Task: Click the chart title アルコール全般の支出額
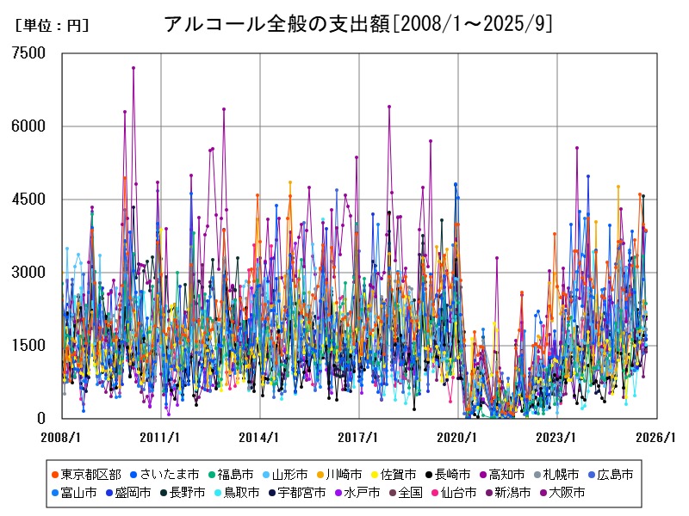357,23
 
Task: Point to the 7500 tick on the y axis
29,53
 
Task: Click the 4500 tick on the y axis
29,200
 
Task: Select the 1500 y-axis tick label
29,346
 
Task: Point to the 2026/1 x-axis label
655,437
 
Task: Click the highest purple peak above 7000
133,67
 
